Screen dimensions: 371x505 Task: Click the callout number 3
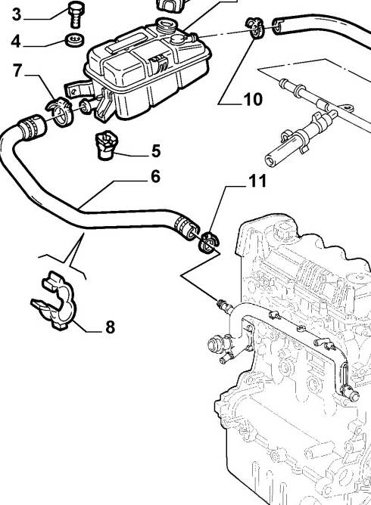click(17, 14)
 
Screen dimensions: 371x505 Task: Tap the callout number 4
click(16, 42)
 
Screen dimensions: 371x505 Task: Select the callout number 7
click(17, 70)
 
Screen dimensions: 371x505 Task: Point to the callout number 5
click(156, 150)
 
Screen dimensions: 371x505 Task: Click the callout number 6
click(155, 176)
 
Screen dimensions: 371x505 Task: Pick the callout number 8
click(111, 327)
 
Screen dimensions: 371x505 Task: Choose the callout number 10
click(253, 99)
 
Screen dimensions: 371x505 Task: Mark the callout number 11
click(257, 181)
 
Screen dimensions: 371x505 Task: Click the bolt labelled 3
click(76, 14)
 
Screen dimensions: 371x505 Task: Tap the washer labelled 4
click(75, 39)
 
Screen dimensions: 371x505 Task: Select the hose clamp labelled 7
click(60, 111)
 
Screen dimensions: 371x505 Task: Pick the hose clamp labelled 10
click(255, 28)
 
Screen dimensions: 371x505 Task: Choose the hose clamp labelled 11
click(208, 242)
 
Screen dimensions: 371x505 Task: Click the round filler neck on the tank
click(165, 25)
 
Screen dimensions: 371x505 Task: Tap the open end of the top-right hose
click(279, 26)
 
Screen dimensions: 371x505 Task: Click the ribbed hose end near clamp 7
click(33, 128)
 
